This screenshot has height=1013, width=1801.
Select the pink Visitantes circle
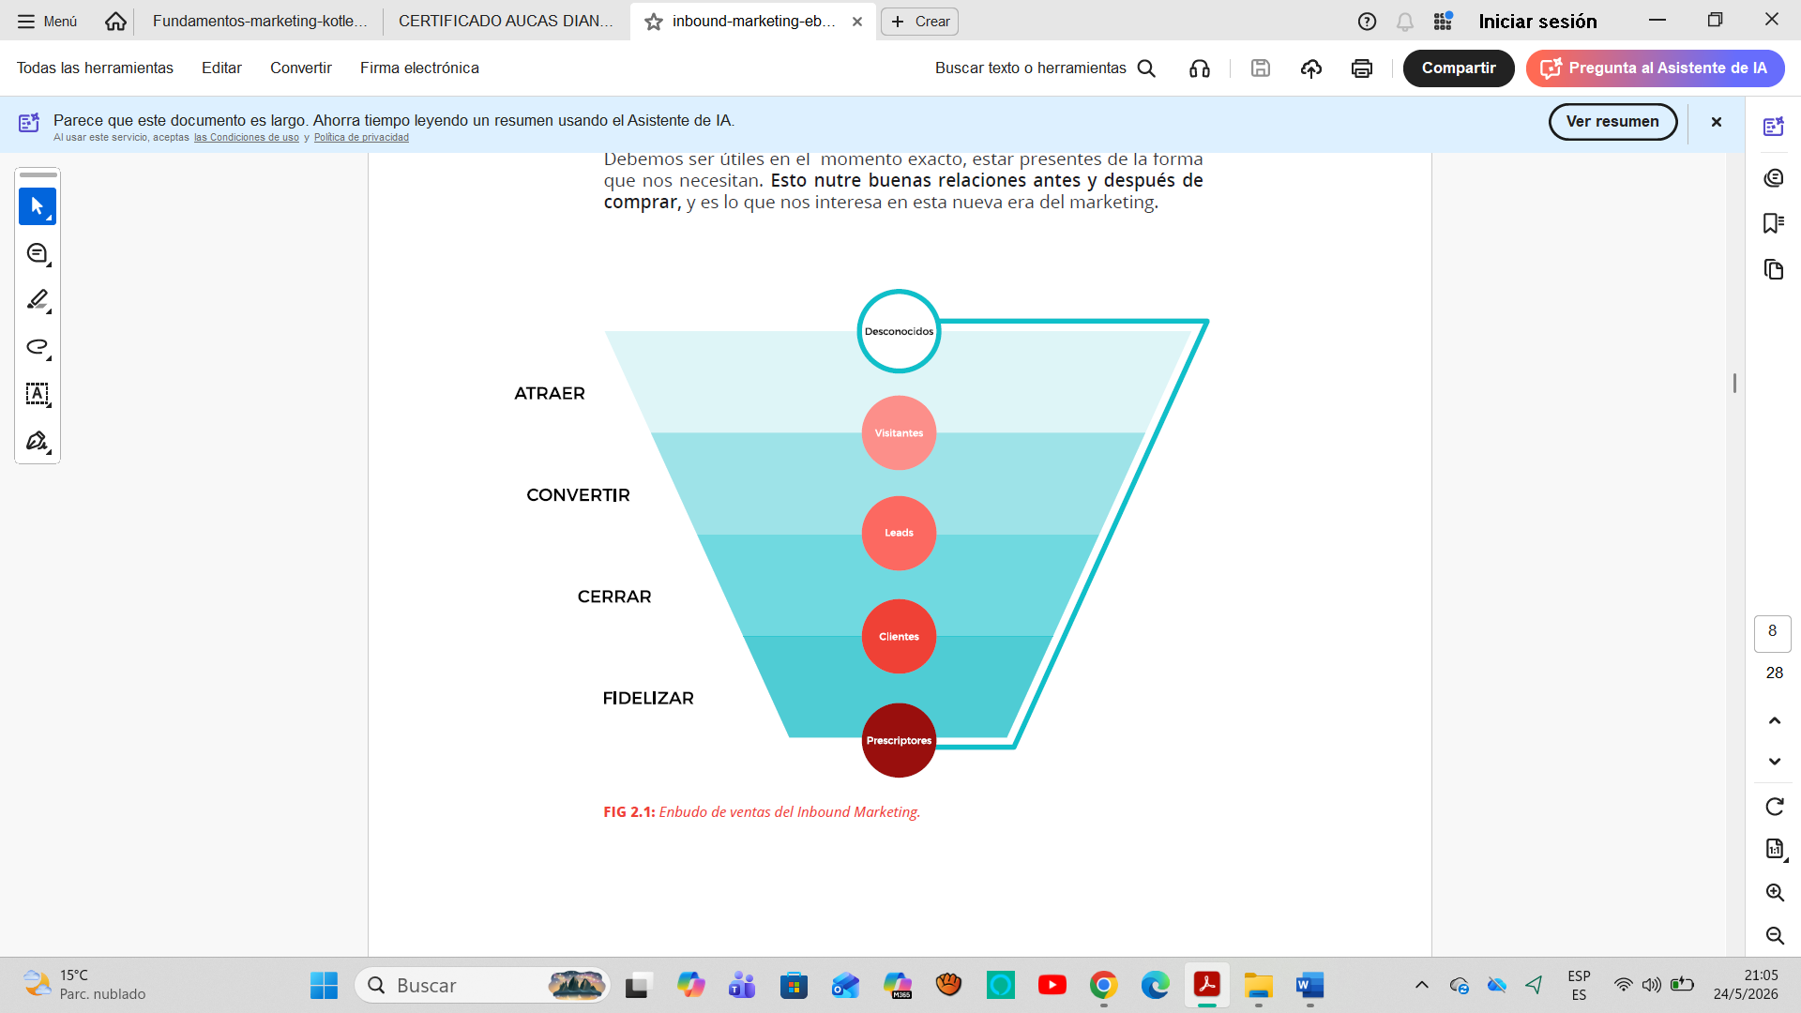[899, 432]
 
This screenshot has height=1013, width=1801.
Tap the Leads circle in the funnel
[899, 533]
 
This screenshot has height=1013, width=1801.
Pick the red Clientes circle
[899, 636]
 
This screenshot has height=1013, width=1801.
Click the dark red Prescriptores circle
[899, 740]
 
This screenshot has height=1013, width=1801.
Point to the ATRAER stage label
[550, 394]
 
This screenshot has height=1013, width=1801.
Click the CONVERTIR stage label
[578, 495]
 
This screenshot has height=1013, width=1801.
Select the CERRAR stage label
[614, 597]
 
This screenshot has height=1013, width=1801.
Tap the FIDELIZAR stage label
[648, 698]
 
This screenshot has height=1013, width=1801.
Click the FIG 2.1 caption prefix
[629, 812]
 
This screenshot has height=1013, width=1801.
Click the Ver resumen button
[1612, 122]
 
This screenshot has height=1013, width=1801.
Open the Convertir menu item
[301, 68]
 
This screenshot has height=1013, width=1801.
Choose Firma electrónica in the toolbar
[419, 68]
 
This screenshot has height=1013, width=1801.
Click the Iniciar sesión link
[1537, 21]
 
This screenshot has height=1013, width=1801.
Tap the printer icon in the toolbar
[1362, 68]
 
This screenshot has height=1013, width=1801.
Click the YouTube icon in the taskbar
[1052, 985]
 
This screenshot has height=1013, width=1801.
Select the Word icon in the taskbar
[1309, 985]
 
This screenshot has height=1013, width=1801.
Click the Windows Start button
[324, 985]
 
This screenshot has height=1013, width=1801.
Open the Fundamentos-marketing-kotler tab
[260, 21]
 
